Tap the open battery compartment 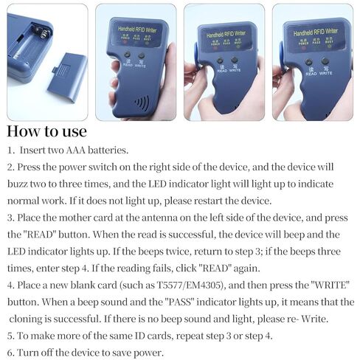32,44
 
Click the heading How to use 47,132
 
